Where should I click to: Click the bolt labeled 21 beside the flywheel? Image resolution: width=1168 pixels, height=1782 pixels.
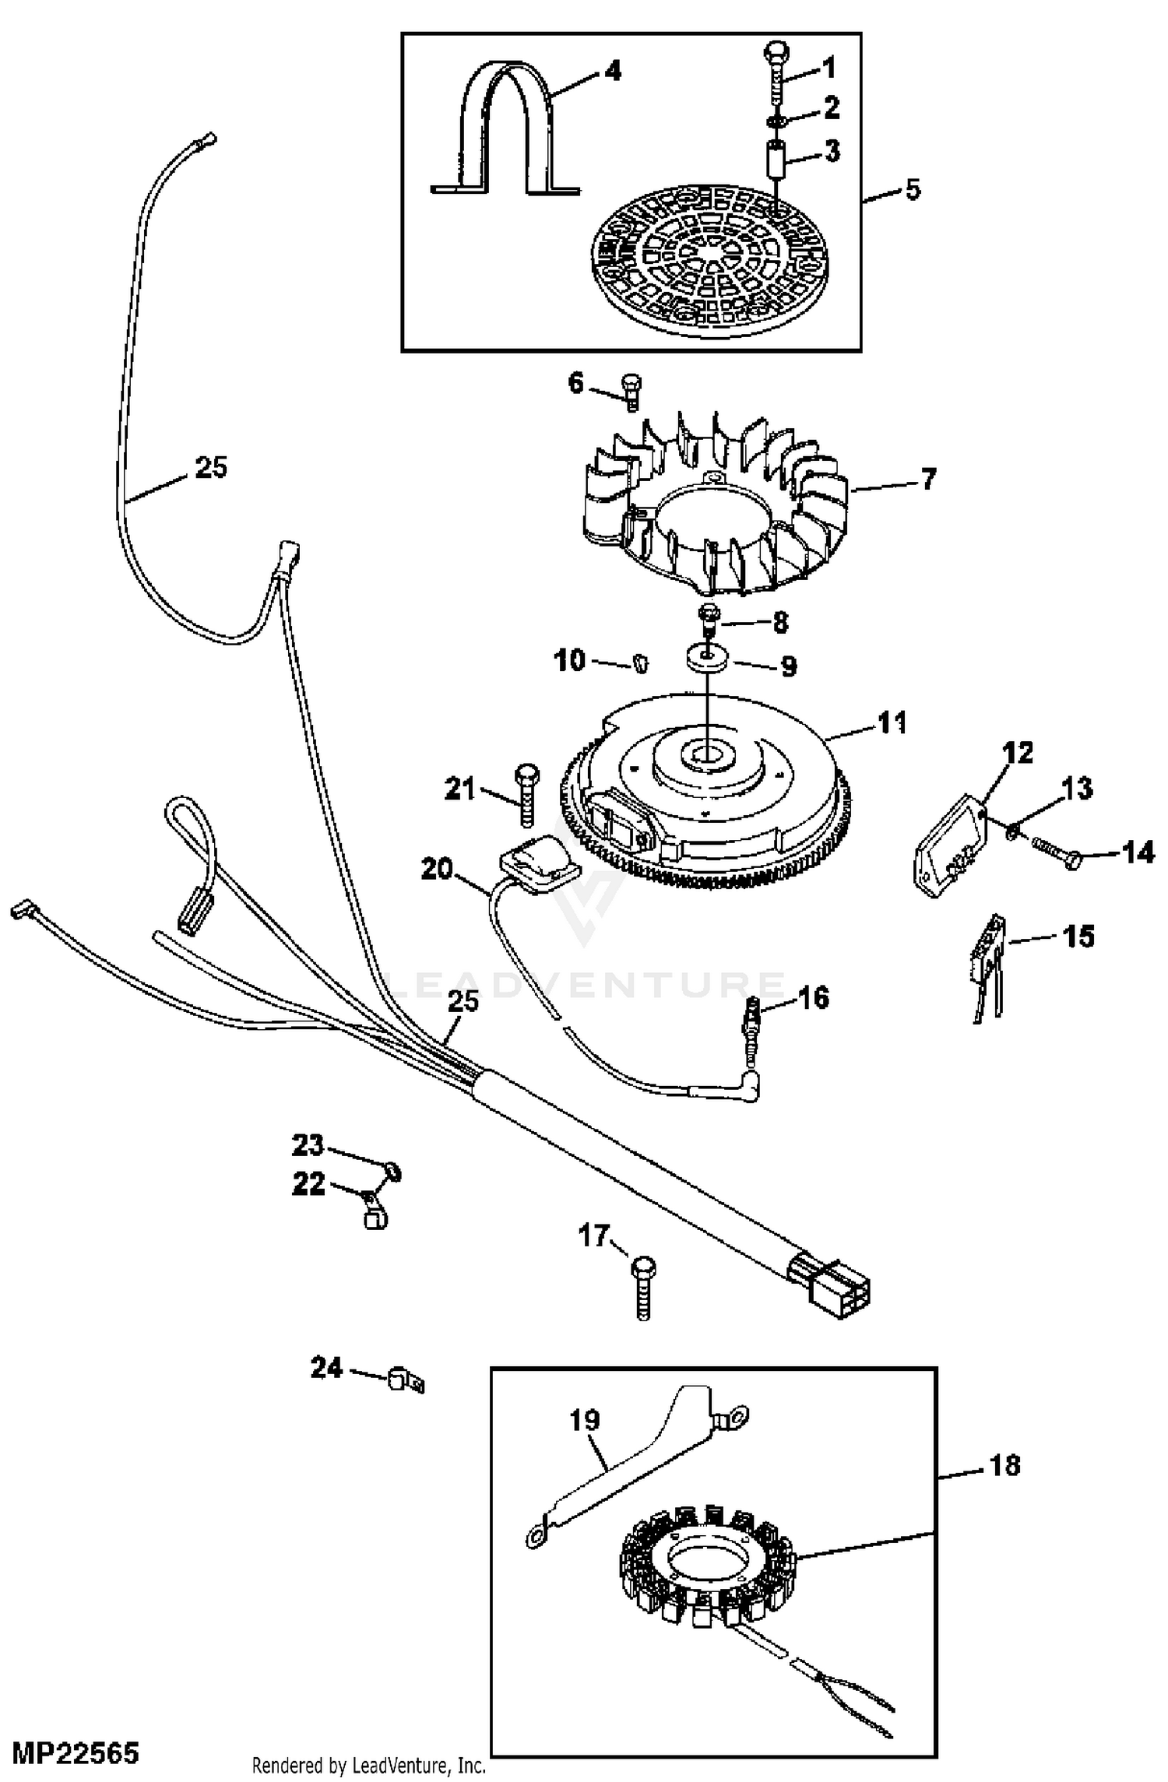coord(524,795)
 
